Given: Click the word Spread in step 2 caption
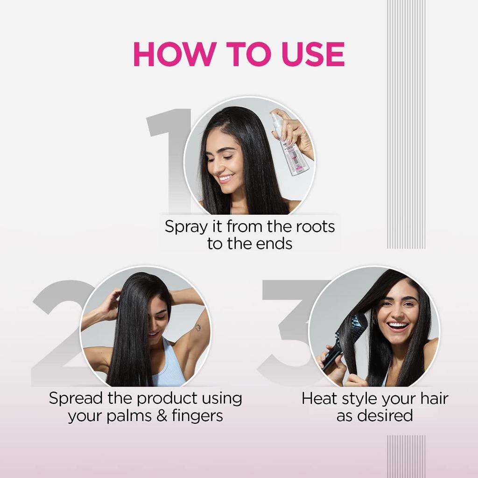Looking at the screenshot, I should pos(75,398).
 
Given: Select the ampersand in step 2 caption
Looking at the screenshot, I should pos(162,415).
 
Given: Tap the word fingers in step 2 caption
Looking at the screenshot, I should pos(197,415).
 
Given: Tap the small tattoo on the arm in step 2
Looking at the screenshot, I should pos(198,327).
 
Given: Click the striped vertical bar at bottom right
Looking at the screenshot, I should pos(406,456).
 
